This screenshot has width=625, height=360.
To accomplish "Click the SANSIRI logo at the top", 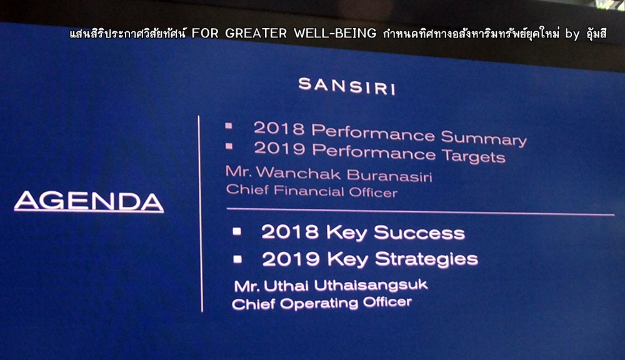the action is point(347,86).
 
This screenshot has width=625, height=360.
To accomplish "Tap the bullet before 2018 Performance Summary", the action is point(228,126).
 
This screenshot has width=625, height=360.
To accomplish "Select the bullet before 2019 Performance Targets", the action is point(229,146).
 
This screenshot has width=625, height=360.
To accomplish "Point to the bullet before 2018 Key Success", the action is point(237,231).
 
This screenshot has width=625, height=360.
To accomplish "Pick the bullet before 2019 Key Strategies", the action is point(237,259).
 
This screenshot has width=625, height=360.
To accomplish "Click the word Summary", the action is point(484,138).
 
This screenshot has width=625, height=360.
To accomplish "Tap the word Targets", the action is point(474,156).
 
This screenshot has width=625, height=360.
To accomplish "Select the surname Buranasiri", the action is point(389,175).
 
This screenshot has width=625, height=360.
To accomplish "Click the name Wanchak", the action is point(298,172).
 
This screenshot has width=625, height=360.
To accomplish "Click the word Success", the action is point(419,233).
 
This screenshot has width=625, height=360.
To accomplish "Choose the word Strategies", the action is point(426,259).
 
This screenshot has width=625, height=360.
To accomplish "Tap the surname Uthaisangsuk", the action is point(371,285).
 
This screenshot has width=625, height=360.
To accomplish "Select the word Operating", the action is point(319,303).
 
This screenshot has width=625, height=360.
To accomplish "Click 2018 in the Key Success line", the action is point(290,232).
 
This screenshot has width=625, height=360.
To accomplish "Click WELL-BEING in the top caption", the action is point(335,33).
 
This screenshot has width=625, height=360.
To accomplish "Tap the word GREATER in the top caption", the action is point(256,33).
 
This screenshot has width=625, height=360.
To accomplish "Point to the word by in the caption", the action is point(572,34).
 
